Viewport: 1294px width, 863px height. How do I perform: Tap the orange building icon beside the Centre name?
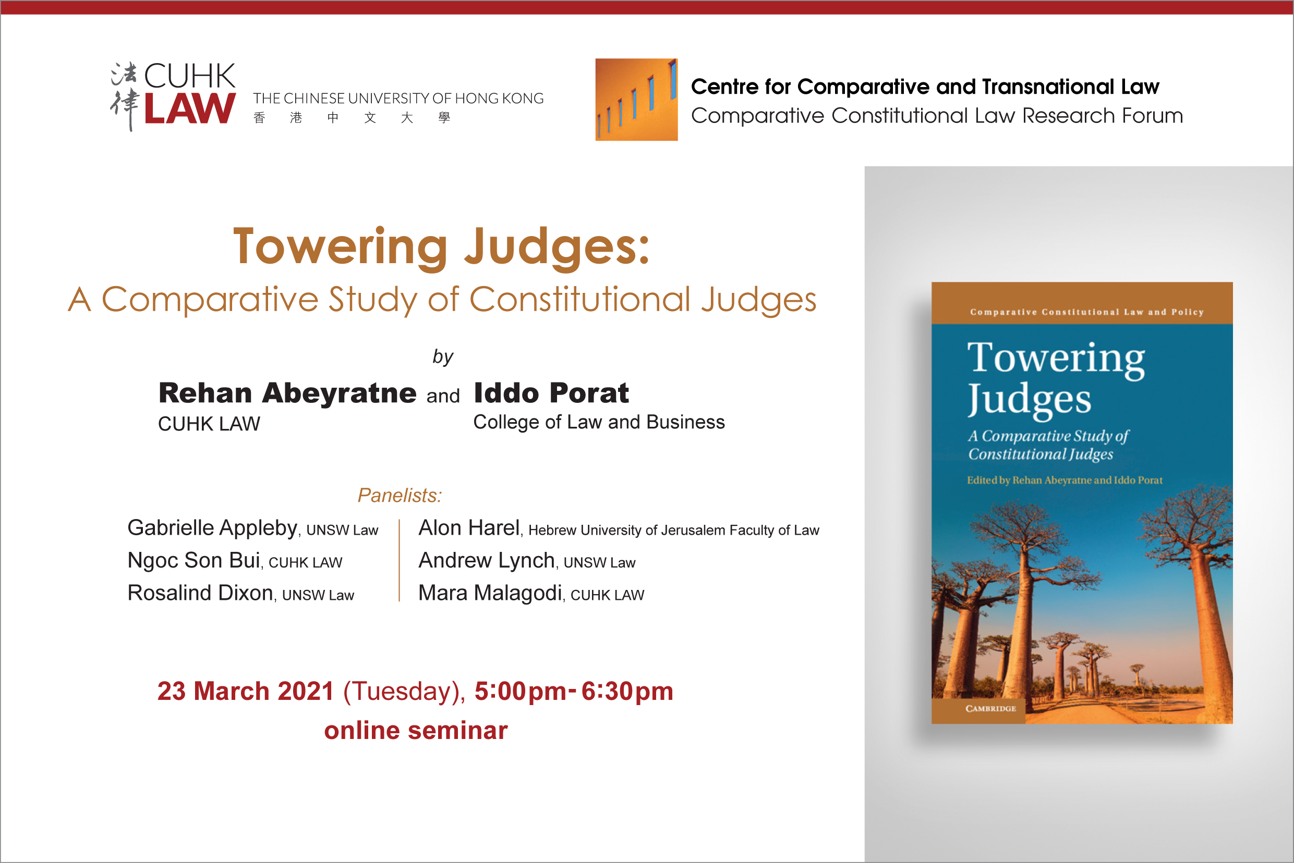[636, 100]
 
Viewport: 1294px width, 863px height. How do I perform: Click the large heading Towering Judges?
[442, 247]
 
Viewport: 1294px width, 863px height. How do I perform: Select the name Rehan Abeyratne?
[287, 393]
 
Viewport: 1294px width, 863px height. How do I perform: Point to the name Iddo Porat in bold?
[551, 393]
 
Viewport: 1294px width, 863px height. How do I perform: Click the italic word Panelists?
[400, 496]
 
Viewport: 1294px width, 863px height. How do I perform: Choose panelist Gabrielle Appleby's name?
[212, 528]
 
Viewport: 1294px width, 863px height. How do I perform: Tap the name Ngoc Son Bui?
[194, 560]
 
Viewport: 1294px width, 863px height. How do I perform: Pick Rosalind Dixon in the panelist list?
[200, 593]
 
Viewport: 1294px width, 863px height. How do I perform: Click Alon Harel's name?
[469, 528]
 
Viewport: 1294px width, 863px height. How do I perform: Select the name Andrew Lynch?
[487, 560]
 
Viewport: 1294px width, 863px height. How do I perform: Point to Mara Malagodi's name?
[490, 593]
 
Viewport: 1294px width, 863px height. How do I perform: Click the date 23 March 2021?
[246, 691]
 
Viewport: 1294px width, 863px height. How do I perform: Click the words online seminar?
[416, 730]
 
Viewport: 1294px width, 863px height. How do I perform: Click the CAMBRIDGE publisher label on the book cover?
[990, 709]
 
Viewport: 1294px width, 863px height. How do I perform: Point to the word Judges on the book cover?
[1029, 400]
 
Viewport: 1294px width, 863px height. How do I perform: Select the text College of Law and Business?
[599, 422]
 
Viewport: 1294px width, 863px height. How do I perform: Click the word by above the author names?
[443, 357]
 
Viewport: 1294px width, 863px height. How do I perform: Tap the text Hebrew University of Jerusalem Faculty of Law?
[674, 530]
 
